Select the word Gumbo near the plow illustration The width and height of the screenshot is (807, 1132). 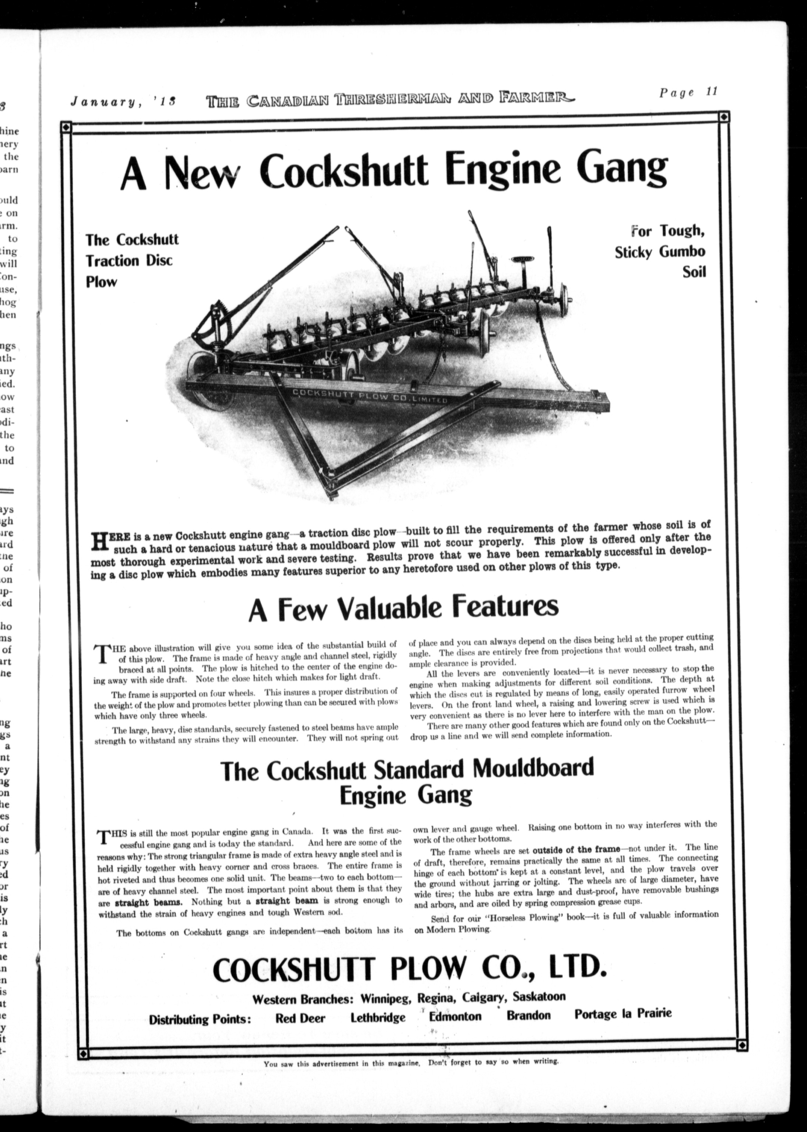682,252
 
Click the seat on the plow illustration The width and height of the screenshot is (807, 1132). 522,260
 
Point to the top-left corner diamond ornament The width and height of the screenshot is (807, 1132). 66,128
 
